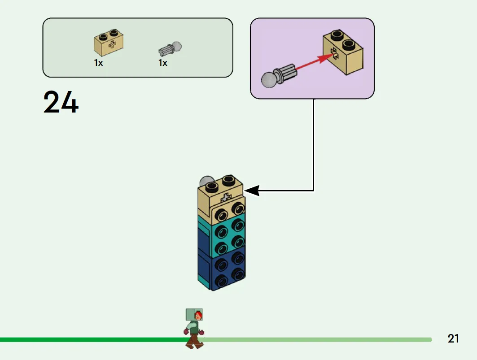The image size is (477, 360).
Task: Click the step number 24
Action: tap(61, 102)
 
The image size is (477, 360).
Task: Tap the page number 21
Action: tap(453, 338)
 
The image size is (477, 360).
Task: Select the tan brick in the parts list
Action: tap(109, 42)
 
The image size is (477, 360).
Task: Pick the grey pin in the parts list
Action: tap(170, 49)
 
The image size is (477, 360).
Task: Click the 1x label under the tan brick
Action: tap(98, 63)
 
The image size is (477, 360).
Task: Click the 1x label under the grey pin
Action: tap(163, 63)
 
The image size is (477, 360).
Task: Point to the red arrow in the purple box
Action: tap(313, 62)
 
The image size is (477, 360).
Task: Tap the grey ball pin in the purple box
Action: tap(278, 76)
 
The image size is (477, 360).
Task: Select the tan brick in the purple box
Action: tap(343, 52)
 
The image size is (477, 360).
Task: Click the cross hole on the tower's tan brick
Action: tap(225, 198)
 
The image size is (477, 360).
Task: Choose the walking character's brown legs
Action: tap(194, 341)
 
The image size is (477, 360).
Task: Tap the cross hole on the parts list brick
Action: tap(112, 45)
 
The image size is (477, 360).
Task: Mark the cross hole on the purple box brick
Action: tap(335, 53)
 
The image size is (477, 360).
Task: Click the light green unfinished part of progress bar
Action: tap(316, 340)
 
